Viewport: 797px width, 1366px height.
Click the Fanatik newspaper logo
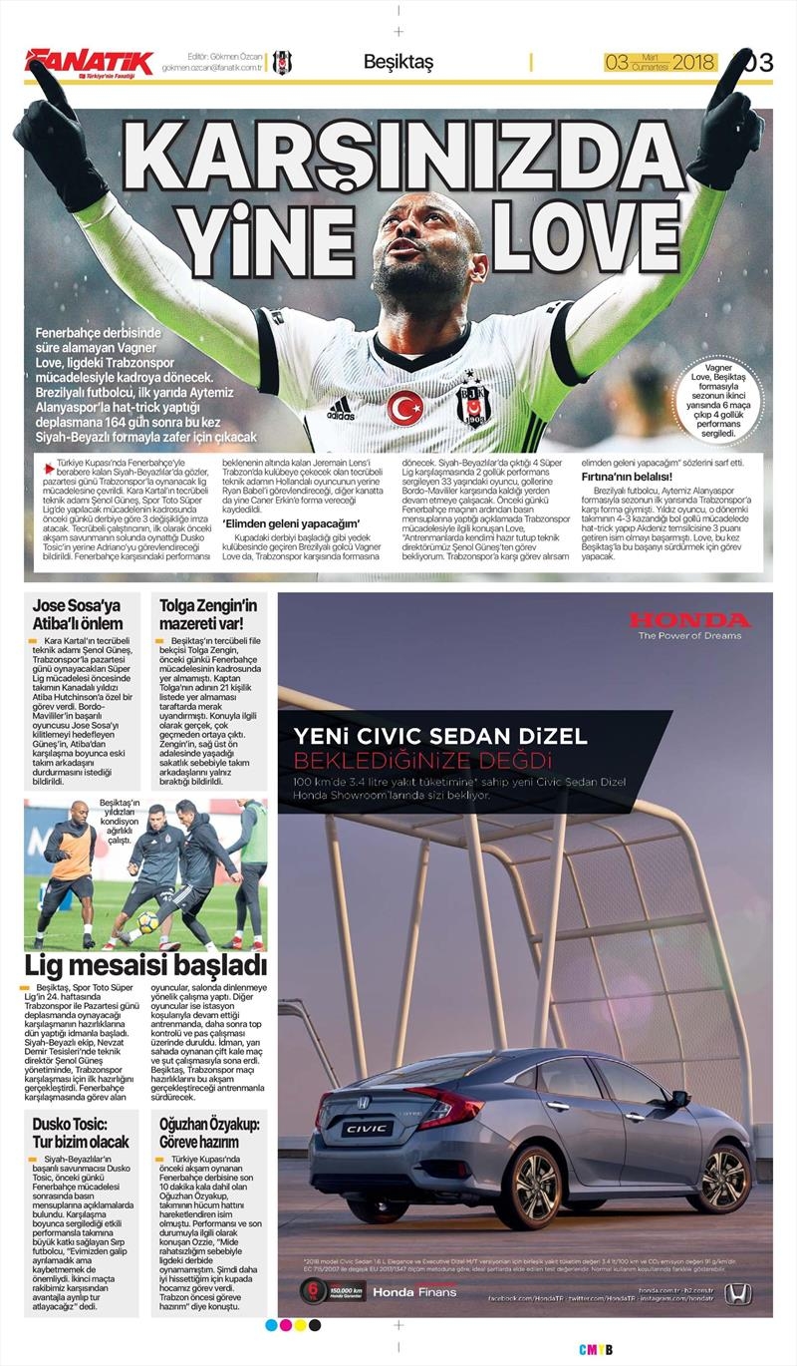click(89, 62)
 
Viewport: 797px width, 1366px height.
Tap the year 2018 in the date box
click(693, 62)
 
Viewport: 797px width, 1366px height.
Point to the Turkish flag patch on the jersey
click(404, 408)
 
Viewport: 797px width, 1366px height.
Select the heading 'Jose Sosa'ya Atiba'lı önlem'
click(78, 614)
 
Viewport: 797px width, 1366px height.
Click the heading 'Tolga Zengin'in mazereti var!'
click(208, 614)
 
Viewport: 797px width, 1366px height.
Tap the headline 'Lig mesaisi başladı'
click(145, 965)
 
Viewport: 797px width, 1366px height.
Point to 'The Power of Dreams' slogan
click(689, 635)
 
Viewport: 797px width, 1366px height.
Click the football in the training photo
click(147, 924)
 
